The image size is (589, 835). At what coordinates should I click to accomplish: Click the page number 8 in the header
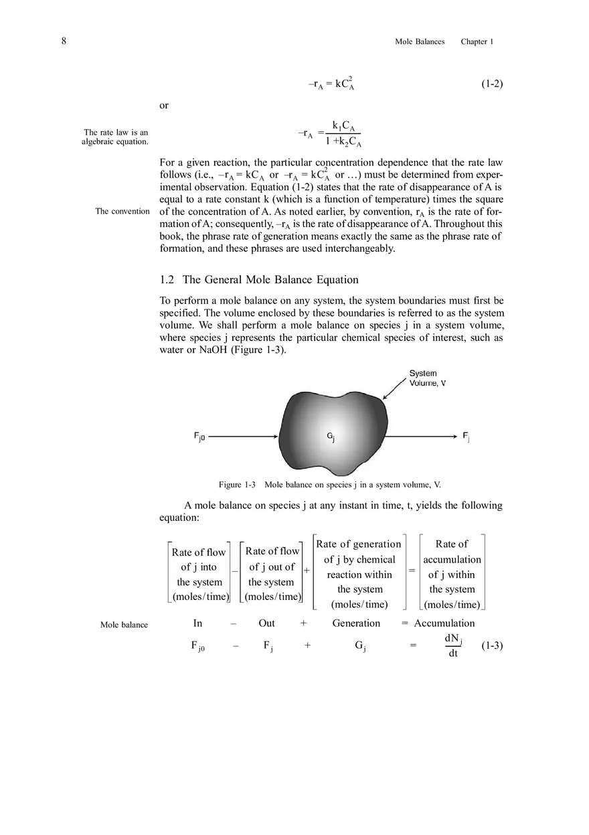click(64, 42)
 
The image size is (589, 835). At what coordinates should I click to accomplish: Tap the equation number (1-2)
click(492, 84)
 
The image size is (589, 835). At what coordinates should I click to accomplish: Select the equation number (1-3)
click(492, 646)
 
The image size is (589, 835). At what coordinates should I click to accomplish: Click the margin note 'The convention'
click(122, 212)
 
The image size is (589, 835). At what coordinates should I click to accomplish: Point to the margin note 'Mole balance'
click(124, 625)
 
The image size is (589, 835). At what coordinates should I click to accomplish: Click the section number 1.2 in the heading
click(167, 280)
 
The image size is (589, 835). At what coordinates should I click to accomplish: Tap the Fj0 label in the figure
click(199, 437)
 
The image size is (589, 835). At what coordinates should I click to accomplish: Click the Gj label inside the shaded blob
click(331, 437)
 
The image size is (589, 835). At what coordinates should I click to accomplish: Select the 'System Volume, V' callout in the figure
click(423, 378)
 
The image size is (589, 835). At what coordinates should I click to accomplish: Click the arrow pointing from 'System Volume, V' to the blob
click(395, 389)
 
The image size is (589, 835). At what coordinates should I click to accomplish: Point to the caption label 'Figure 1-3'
click(238, 485)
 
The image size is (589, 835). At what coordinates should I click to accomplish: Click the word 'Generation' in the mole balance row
click(356, 623)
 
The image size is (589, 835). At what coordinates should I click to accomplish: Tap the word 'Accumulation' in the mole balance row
click(444, 623)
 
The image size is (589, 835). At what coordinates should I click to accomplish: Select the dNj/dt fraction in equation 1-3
click(453, 646)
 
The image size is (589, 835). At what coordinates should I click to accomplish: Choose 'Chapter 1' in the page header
click(477, 42)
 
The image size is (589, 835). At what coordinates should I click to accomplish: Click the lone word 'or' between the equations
click(164, 106)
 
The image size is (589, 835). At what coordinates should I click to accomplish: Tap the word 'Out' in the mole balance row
click(266, 623)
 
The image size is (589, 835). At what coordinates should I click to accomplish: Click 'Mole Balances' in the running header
click(420, 42)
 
